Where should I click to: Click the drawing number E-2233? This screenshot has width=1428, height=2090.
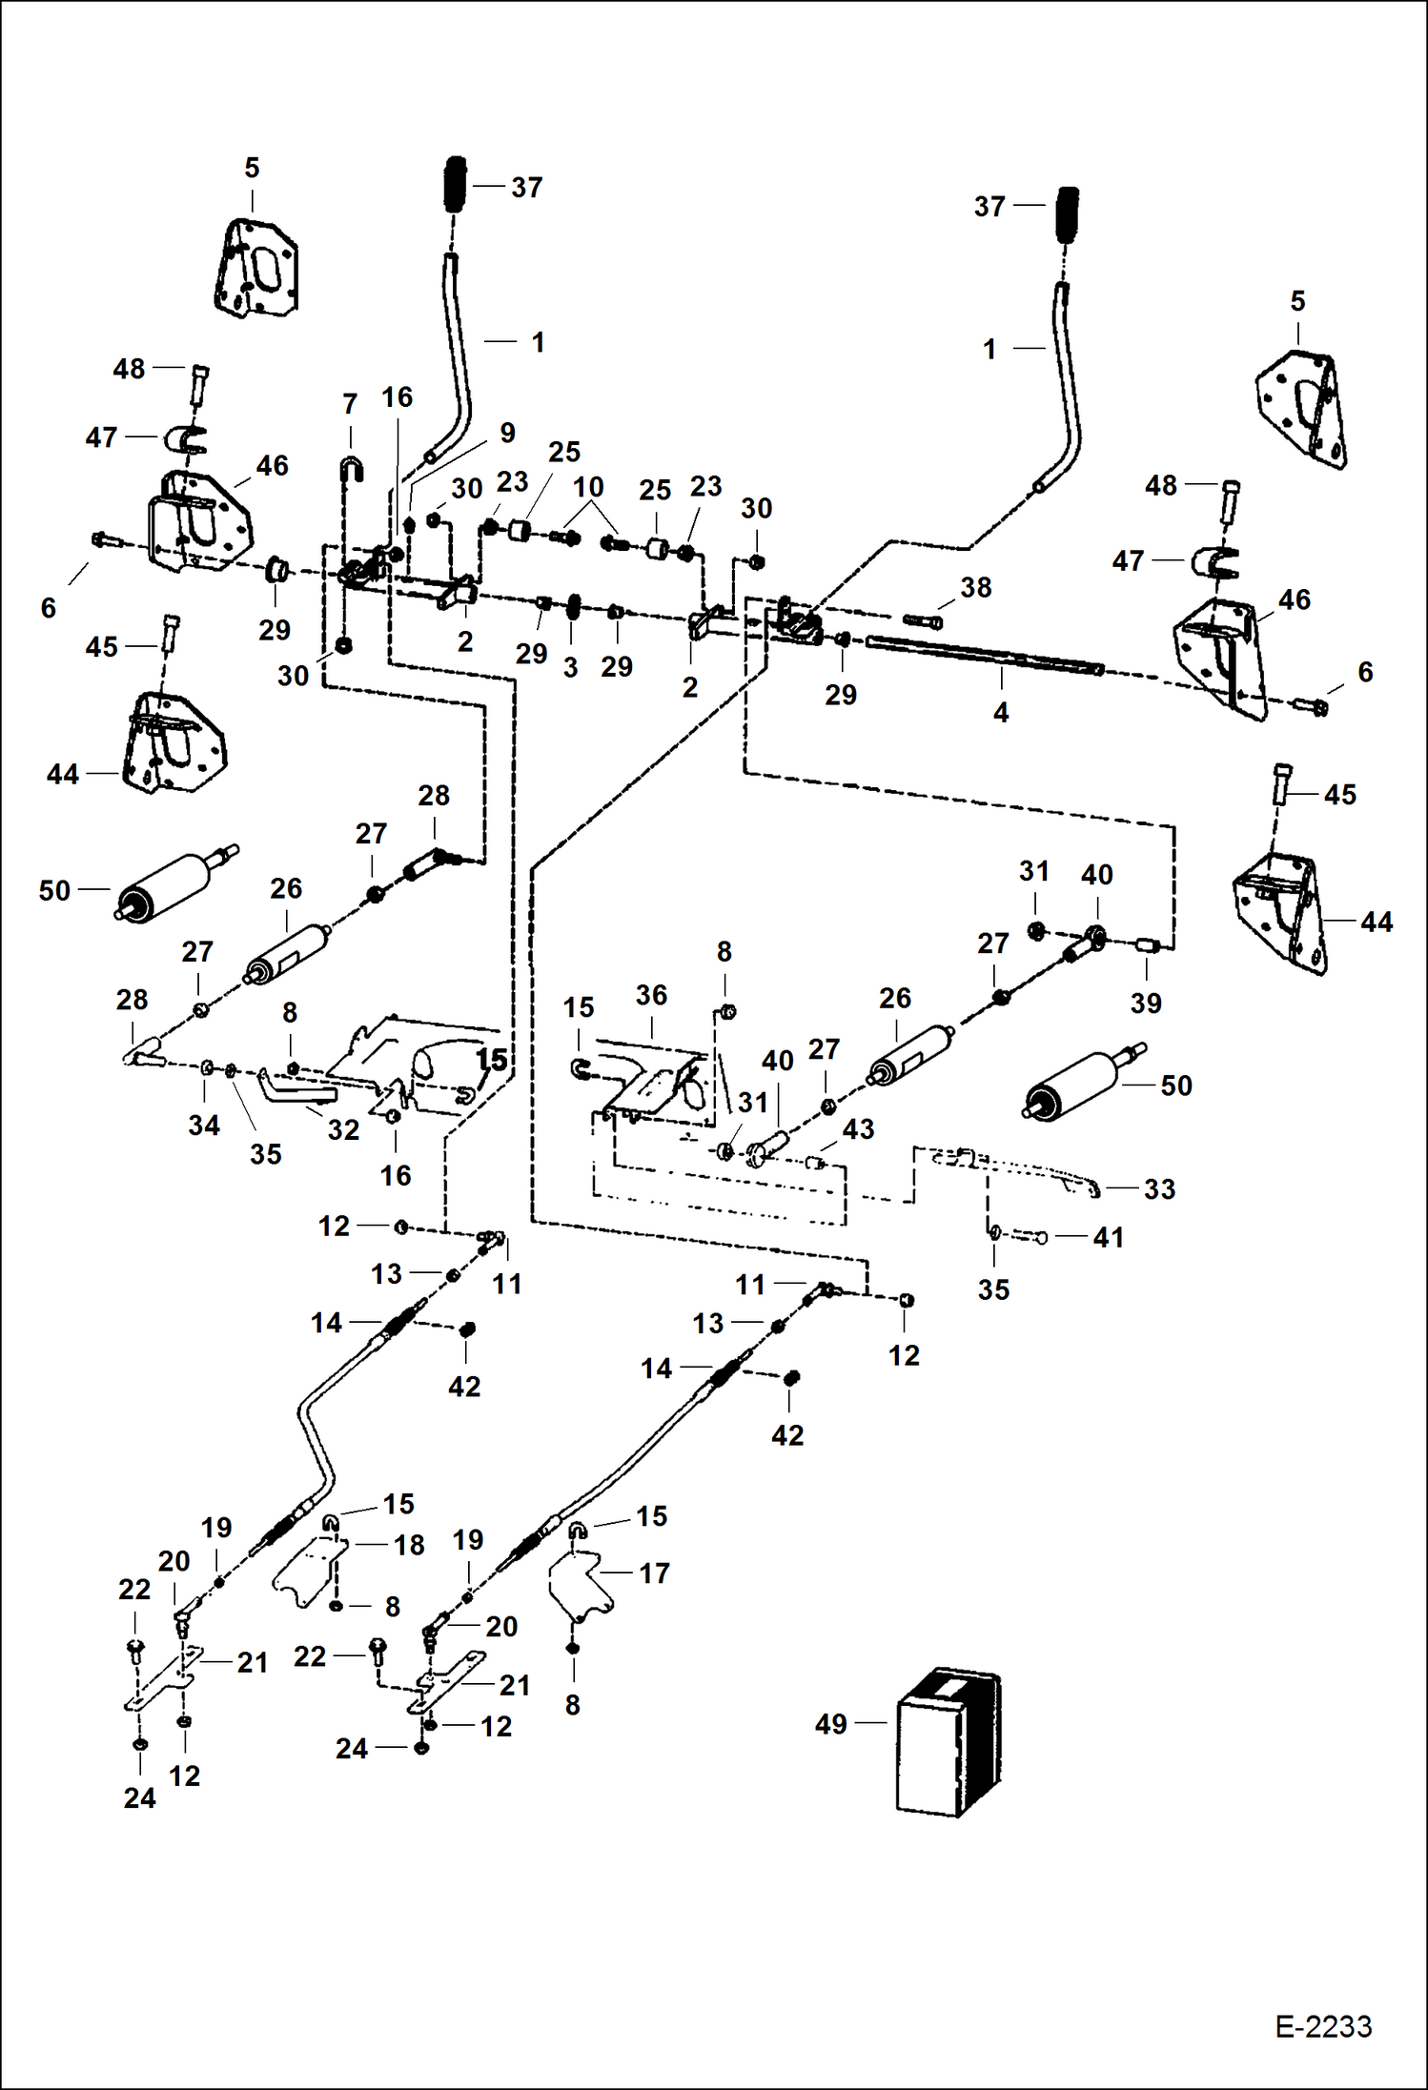point(1323,2026)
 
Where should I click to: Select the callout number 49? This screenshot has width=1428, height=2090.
point(831,1723)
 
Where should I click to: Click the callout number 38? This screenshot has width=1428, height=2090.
point(975,587)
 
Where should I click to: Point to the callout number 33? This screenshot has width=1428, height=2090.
point(1159,1188)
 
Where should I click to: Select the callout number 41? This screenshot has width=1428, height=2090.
point(1108,1237)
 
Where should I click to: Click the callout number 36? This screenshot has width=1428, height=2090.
point(651,995)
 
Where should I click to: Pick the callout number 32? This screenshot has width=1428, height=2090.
point(343,1129)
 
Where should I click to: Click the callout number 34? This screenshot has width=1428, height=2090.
point(204,1125)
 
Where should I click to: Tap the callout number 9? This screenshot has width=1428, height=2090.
point(507,433)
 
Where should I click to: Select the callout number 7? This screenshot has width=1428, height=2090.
point(350,404)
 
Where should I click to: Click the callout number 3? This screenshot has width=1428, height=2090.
point(570,667)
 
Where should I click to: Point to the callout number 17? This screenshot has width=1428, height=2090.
point(654,1573)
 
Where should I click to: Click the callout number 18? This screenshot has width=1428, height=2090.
point(410,1545)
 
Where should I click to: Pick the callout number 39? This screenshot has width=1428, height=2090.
point(1146,1003)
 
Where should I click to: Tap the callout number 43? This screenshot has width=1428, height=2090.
point(858,1129)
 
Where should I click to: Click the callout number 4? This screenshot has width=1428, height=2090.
point(1001,712)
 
